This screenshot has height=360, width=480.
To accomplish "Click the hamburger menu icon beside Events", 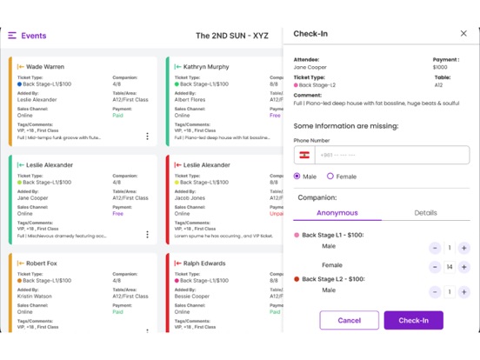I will point(12,36).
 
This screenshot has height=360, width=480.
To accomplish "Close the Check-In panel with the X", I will point(463,34).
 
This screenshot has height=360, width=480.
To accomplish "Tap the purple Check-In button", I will point(413,320).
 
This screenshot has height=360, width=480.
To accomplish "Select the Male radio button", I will point(297,177).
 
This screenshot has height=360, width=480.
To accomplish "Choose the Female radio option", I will point(330,177).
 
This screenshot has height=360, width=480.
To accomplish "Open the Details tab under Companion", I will point(425,212).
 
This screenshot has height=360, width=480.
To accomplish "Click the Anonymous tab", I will point(337,212).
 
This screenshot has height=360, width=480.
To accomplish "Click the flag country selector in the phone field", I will point(304,155).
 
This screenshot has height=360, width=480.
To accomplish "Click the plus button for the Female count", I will point(463,267).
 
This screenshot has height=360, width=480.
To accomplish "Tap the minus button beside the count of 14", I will point(435,267).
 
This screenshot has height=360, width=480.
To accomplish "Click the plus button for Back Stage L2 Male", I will point(463,291).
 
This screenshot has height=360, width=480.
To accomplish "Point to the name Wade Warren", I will point(45,67).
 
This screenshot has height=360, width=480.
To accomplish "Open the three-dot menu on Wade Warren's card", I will point(147,136).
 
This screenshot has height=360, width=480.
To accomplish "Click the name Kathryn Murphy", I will point(206,67).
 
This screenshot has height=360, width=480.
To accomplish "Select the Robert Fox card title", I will point(43,263).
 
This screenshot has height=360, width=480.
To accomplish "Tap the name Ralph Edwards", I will point(204,263).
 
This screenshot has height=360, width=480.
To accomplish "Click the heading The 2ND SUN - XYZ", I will point(232,36).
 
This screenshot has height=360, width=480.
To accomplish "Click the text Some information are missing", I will point(346,126).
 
